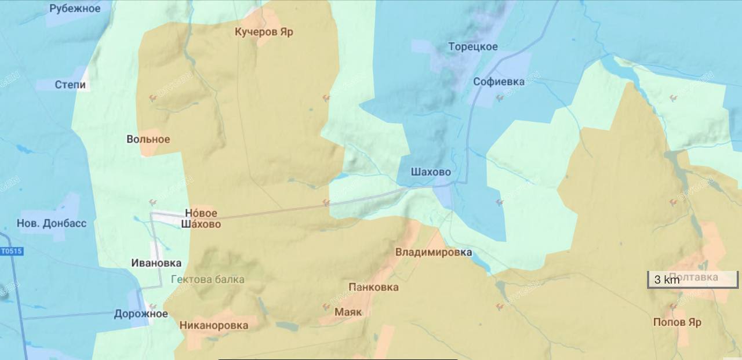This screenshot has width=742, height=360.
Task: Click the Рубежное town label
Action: pyautogui.click(x=75, y=9)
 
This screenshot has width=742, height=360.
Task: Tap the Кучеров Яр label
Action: pyautogui.click(x=264, y=32)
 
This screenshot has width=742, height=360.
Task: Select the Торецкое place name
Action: pyautogui.click(x=472, y=47)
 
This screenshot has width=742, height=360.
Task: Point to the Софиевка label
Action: pyautogui.click(x=499, y=82)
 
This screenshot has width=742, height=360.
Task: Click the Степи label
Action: pyautogui.click(x=70, y=85)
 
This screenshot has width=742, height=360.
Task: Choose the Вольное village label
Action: pyautogui.click(x=148, y=139)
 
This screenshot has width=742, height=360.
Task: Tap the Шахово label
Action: pyautogui.click(x=431, y=172)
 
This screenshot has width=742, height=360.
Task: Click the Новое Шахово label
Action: pyautogui.click(x=201, y=219)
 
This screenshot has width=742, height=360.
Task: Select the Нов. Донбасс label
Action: pyautogui.click(x=52, y=223)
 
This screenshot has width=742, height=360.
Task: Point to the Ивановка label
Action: pyautogui.click(x=156, y=263)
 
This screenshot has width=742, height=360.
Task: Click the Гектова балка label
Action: pyautogui.click(x=208, y=279)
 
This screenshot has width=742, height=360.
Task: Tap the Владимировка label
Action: pyautogui.click(x=433, y=253)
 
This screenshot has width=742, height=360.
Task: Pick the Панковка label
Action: pyautogui.click(x=373, y=288)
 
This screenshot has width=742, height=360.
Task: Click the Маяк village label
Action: pyautogui.click(x=348, y=312)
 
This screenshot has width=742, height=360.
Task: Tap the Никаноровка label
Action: pyautogui.click(x=213, y=325)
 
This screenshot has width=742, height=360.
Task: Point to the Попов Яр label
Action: pyautogui.click(x=677, y=322)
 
